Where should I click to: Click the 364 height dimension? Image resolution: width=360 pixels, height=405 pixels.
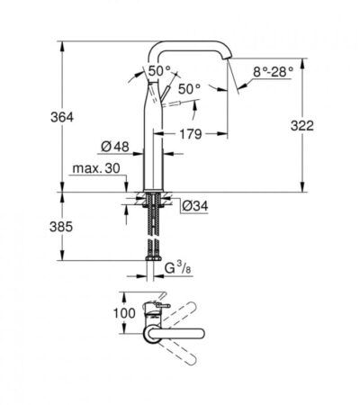coord(62,117)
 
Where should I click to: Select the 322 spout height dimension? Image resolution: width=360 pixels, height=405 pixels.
coord(302,125)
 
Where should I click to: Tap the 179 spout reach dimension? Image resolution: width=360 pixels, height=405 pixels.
coord(191,134)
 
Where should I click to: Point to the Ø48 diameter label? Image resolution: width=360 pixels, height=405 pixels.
coord(115,147)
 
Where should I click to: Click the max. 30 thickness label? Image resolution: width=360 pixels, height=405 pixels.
coord(96,168)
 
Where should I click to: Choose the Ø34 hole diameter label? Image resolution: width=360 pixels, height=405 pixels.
coord(195,206)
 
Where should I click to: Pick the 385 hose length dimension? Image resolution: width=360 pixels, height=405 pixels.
coord(61,227)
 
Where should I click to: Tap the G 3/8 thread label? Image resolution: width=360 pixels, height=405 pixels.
coord(177,267)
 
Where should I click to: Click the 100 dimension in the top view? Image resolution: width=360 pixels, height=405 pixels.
coord(124,313)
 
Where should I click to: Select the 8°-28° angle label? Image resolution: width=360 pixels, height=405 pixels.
coord(273,72)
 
